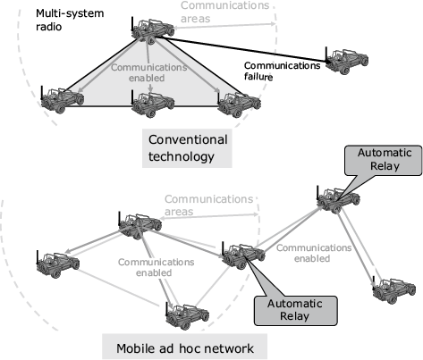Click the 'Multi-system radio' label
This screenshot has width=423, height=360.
tap(70, 20)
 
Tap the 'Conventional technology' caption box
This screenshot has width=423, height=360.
tap(187, 148)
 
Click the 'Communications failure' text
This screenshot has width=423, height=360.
tap(282, 71)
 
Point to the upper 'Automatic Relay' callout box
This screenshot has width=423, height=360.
tap(384, 160)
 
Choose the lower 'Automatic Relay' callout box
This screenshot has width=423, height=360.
tap(295, 310)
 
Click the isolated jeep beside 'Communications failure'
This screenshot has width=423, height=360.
tap(346, 61)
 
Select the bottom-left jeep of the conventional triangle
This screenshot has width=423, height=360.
tap(62, 99)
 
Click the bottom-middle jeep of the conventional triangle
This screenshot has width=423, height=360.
tap(152, 104)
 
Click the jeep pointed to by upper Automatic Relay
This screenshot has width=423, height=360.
tap(338, 199)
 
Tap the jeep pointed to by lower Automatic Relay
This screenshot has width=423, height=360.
tap(243, 255)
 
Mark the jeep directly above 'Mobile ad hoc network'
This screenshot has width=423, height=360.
tap(187, 315)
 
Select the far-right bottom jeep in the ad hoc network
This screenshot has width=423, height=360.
tap(393, 289)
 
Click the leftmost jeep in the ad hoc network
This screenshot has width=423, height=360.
tap(58, 264)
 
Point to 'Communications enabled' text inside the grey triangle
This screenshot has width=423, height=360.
tap(149, 72)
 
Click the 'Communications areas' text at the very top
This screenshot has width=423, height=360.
tap(224, 12)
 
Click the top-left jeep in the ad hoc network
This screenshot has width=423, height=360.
tap(140, 226)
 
